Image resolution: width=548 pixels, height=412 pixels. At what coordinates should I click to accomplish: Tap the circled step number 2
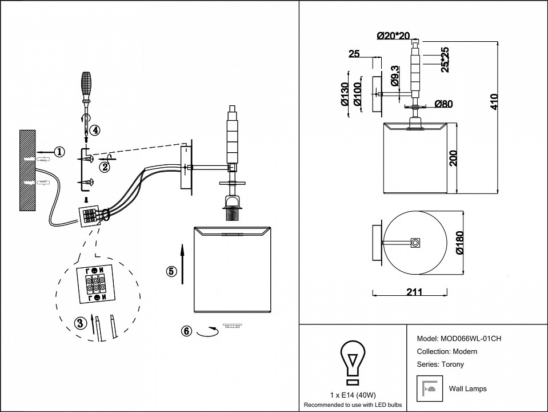coord(104,167)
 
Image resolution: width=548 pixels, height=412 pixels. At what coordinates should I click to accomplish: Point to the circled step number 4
coord(95,130)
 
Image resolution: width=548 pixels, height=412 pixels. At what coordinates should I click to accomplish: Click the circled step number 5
coord(171,271)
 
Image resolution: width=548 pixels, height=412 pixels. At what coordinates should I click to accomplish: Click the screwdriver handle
coord(86,84)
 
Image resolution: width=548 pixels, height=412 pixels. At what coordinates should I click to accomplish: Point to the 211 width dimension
coord(414,291)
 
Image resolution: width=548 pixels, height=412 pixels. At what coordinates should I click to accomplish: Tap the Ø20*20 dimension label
coord(393,35)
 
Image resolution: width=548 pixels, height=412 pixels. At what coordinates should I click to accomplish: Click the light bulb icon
coord(353,362)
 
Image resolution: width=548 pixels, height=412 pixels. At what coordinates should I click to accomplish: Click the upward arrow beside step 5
coord(182,263)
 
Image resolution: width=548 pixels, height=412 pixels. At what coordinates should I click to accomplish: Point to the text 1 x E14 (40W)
coord(353,395)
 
